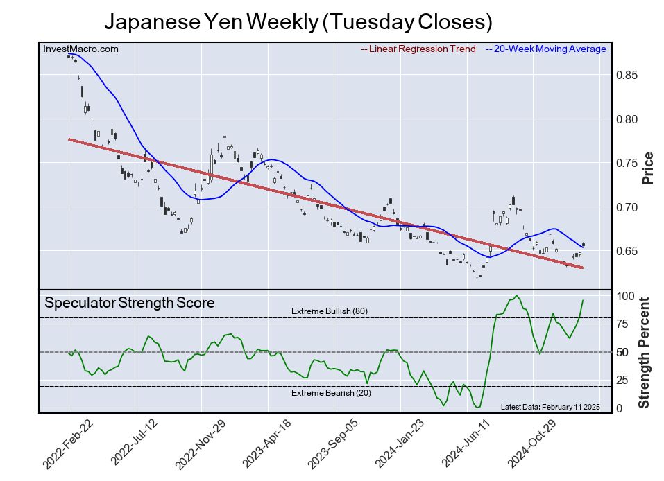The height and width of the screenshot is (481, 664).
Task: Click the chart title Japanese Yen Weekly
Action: [298, 22]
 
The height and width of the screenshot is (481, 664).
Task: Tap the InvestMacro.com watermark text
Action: [80, 49]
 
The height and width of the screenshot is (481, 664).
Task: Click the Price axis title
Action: [648, 167]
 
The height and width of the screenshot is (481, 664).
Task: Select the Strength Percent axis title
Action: [645, 352]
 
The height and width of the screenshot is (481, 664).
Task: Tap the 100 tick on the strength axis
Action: [625, 296]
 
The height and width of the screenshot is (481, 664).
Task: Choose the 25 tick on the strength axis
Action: [622, 380]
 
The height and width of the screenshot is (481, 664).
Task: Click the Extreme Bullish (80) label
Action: [330, 311]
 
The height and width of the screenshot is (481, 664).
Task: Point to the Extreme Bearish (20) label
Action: [330, 394]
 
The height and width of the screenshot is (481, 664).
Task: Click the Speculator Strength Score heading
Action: [130, 303]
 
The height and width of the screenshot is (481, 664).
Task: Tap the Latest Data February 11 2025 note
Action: [550, 407]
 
